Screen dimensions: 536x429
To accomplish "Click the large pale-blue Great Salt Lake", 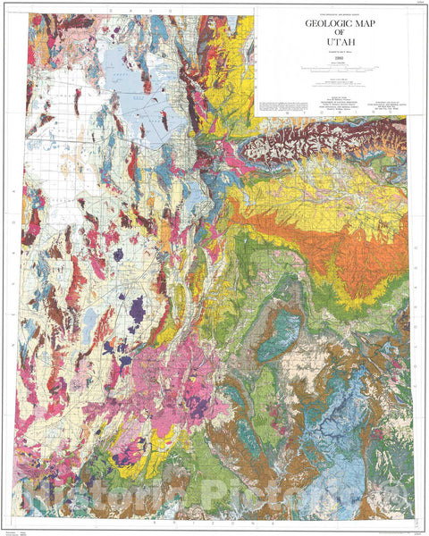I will coord(125,98).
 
